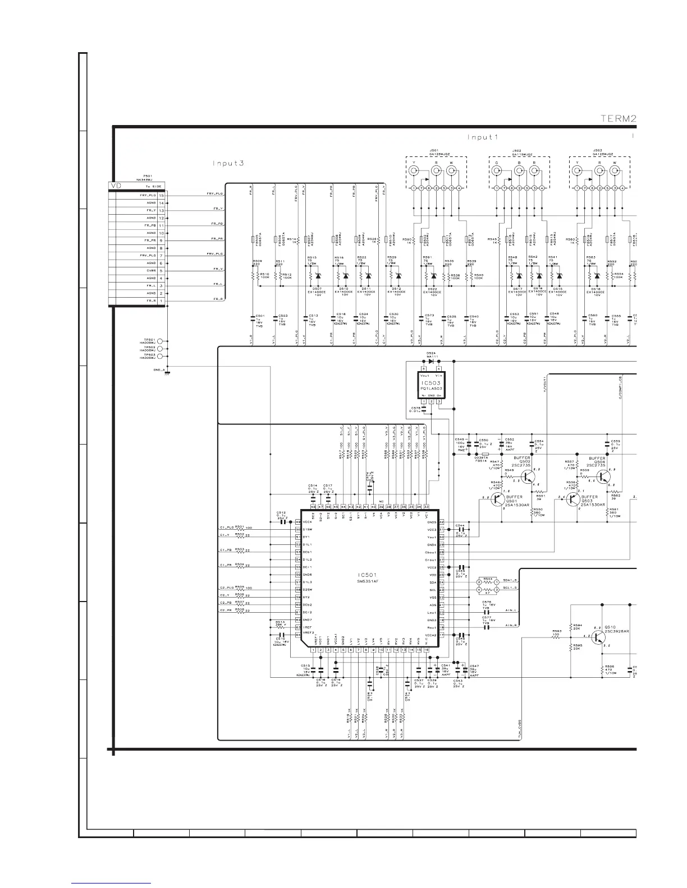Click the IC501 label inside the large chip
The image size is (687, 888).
point(368,575)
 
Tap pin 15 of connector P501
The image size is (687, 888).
point(161,195)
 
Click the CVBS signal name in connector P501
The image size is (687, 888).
point(151,271)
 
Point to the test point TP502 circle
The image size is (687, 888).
point(160,348)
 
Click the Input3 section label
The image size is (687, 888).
point(231,163)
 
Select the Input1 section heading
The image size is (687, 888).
point(483,137)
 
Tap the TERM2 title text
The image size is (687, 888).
point(618,118)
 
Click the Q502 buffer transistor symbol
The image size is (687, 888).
point(528,477)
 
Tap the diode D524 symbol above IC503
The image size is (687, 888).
point(432,362)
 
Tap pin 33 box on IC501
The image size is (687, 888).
point(426,506)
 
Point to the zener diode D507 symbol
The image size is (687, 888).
point(318,276)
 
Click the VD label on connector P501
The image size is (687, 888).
point(117,186)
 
